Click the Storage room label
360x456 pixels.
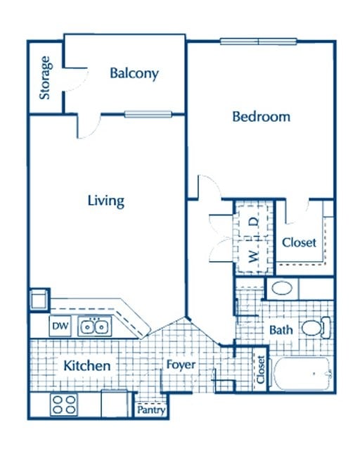click(45, 77)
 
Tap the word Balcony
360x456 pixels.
click(134, 73)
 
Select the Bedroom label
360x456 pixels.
click(261, 117)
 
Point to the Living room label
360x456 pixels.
click(105, 201)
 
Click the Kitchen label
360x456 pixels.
click(86, 366)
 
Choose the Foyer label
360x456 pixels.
click(180, 365)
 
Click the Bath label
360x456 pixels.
click(281, 329)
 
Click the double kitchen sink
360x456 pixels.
click(94, 327)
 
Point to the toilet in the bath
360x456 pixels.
click(314, 327)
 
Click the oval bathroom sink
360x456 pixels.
click(283, 288)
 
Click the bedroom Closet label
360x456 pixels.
click(299, 243)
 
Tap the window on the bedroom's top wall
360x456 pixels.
click(259, 41)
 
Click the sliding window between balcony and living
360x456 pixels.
click(148, 114)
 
